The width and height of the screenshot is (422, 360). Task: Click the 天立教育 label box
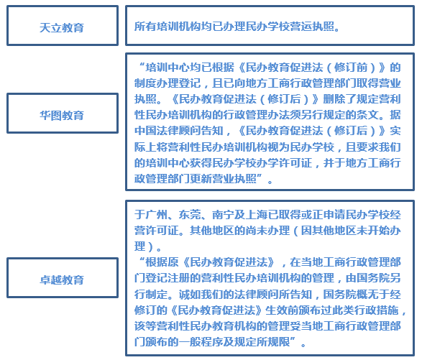(x=63, y=26)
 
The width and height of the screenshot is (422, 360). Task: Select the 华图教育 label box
(x=63, y=114)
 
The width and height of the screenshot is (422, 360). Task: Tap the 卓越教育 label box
(x=63, y=277)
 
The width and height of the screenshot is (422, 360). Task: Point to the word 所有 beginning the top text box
(x=145, y=27)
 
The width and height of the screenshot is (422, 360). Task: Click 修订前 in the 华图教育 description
(x=351, y=68)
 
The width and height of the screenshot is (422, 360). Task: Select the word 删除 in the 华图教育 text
(x=334, y=99)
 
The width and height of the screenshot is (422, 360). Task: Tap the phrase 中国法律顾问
(x=168, y=131)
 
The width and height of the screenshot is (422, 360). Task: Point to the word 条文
(x=372, y=115)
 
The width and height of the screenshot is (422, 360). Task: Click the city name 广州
(x=157, y=215)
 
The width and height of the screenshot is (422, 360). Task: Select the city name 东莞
(x=190, y=215)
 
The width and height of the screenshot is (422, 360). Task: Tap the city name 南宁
(x=223, y=215)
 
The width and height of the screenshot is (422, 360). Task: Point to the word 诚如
(x=190, y=295)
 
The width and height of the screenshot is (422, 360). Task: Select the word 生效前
(x=282, y=310)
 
